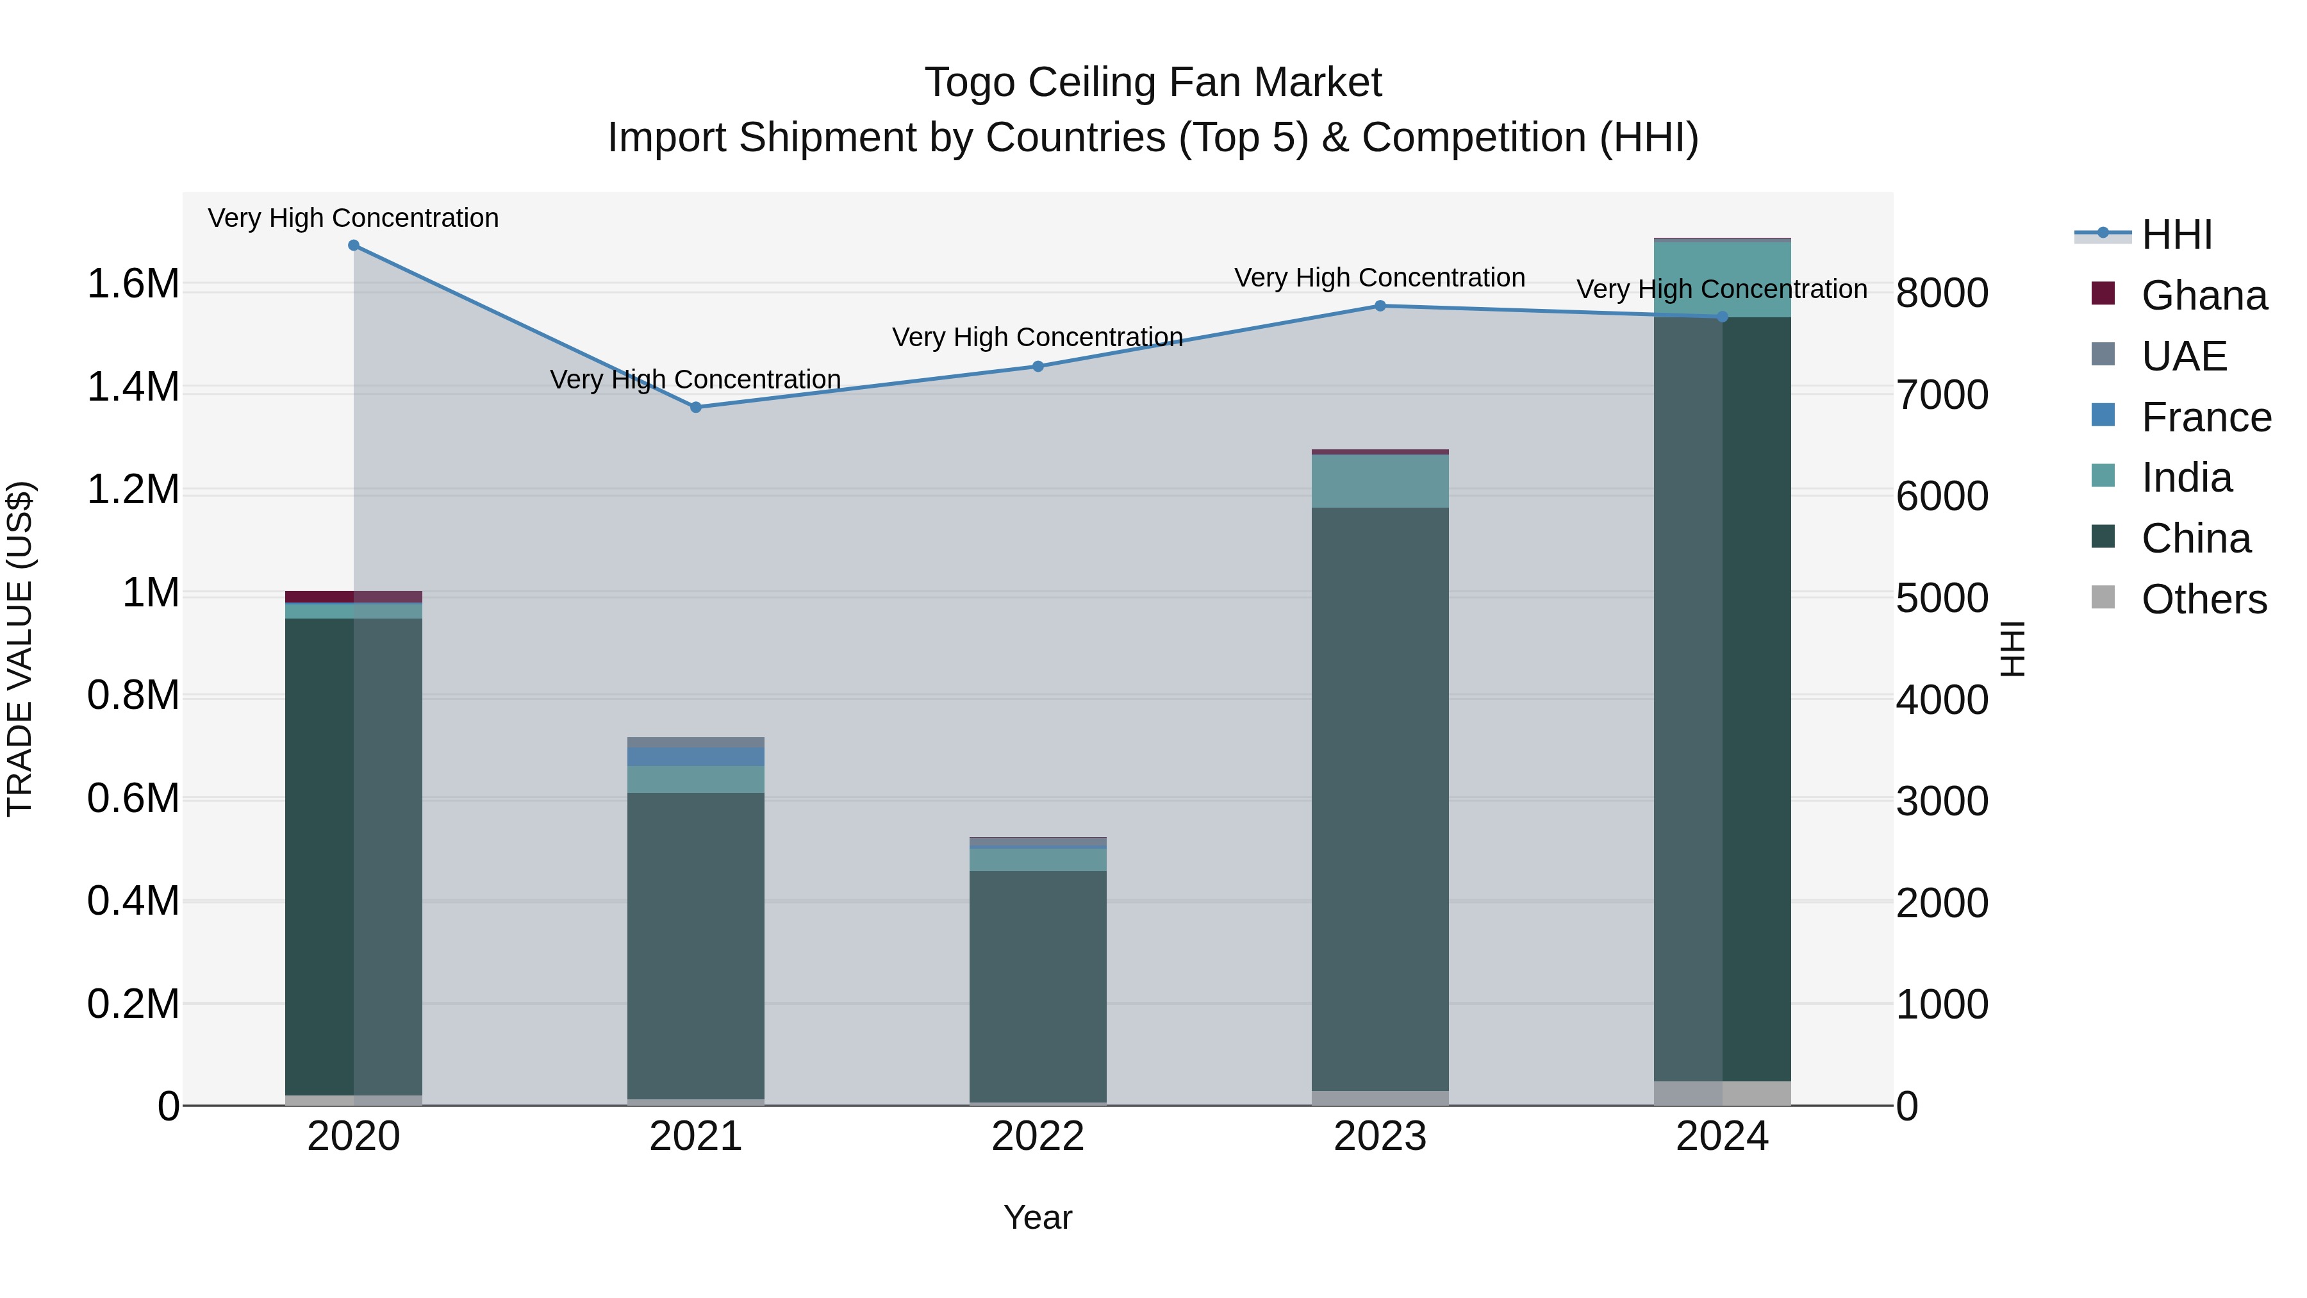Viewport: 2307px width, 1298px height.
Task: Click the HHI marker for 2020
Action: tap(354, 245)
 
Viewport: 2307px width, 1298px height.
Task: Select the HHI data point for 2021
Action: tap(696, 408)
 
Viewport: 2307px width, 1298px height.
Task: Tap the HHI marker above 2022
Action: tap(1038, 367)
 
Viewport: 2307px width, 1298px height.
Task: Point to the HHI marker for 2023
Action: tap(1380, 306)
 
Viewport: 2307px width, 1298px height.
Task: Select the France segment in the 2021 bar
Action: tap(696, 757)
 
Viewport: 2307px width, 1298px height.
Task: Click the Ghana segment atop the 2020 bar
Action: tap(354, 597)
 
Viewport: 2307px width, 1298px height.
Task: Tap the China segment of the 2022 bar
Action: tap(1038, 985)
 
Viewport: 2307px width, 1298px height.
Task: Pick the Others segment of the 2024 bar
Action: tap(1722, 1093)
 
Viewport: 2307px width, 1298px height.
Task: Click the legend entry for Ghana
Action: tap(2203, 295)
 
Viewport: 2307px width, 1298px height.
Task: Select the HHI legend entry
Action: tap(2176, 235)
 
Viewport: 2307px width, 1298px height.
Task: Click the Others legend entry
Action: tap(2203, 599)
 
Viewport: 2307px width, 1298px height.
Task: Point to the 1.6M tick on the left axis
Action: tap(133, 284)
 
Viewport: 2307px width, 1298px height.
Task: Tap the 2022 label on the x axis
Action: tap(1038, 1136)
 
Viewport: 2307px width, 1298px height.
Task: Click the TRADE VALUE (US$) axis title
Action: tap(20, 649)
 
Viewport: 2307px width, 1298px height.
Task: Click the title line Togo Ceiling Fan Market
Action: tap(1153, 83)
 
